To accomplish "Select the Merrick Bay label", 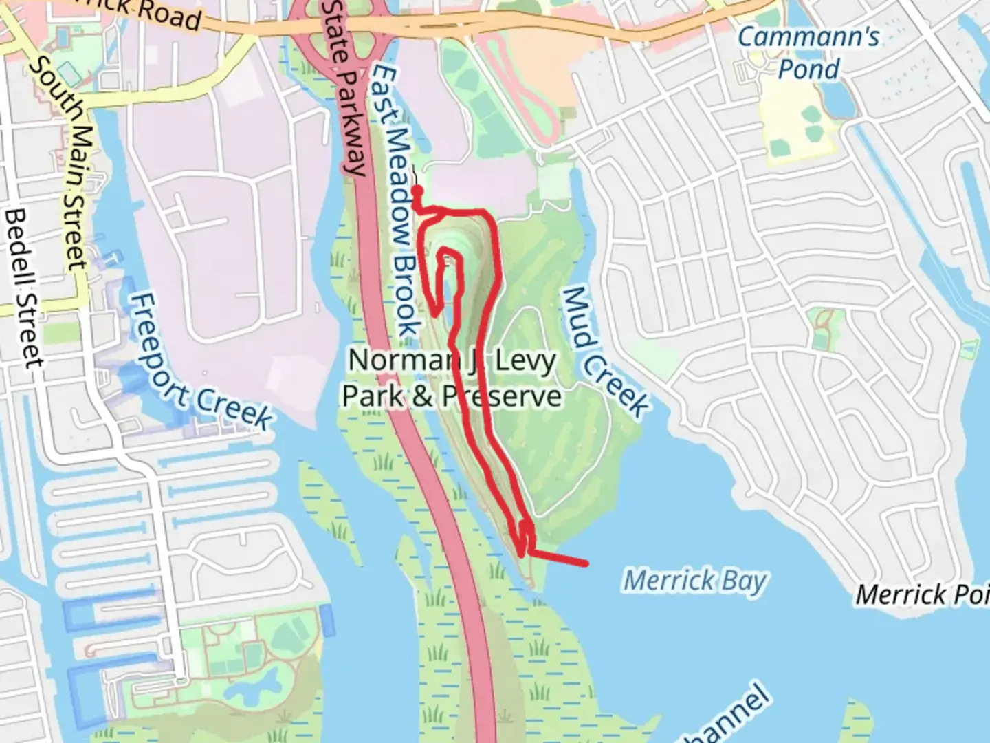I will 694,581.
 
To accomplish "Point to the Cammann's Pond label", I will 808,52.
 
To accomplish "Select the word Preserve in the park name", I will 502,396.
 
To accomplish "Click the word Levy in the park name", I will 525,360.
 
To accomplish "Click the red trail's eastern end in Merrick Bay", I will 586,564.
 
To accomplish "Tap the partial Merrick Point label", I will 921,594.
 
